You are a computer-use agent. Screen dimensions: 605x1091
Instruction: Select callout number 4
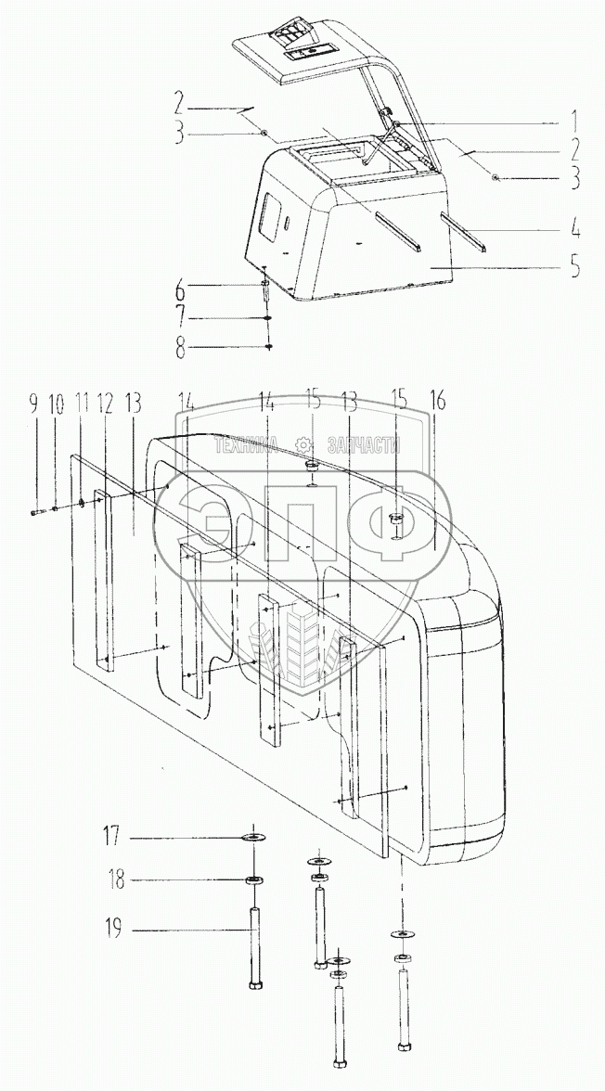575,226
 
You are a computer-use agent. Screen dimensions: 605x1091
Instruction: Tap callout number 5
574,268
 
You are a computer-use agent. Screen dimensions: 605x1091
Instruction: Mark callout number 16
437,402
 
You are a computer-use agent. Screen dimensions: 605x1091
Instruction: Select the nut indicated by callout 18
253,879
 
